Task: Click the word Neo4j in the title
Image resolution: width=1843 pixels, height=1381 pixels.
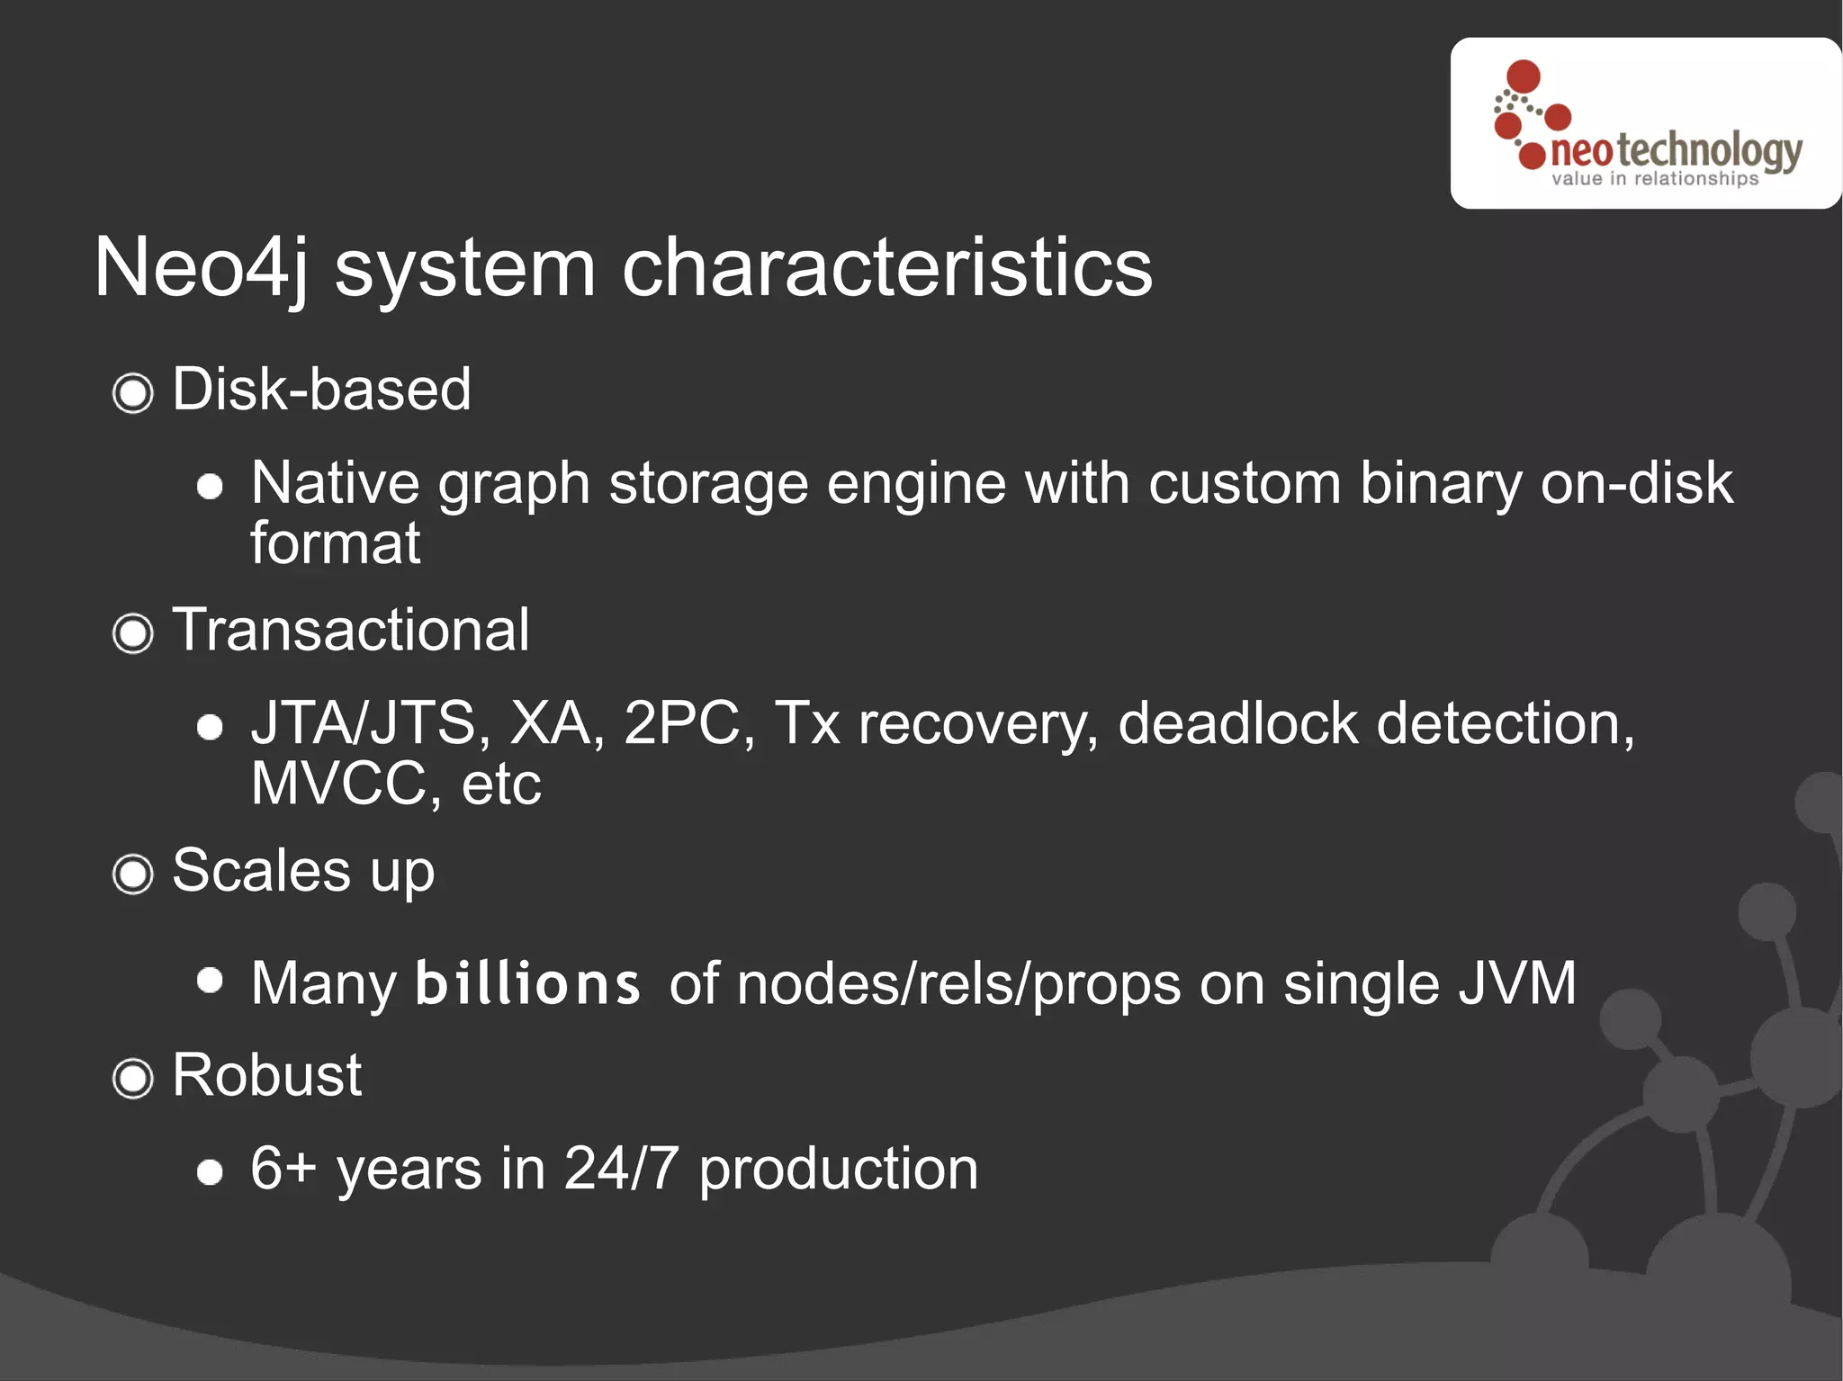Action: coord(200,268)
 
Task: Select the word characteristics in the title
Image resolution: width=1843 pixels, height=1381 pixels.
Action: coord(886,268)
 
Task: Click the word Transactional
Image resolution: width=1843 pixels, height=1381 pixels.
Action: coord(350,630)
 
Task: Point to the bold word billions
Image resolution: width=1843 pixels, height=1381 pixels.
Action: coord(527,982)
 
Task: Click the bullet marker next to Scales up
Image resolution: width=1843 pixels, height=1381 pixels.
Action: coord(133,874)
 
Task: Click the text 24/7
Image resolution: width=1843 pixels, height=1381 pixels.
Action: coord(621,1169)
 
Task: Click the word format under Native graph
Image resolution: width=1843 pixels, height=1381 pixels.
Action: coord(335,543)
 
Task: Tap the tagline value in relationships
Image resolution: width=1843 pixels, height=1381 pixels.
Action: coord(1654,179)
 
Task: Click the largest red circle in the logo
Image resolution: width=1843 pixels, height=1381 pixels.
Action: coord(1523,76)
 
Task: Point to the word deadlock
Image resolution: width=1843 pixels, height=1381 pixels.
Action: coord(1237,723)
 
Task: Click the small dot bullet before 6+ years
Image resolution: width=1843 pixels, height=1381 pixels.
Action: coord(210,1172)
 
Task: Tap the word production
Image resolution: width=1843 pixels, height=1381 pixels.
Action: coord(838,1169)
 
